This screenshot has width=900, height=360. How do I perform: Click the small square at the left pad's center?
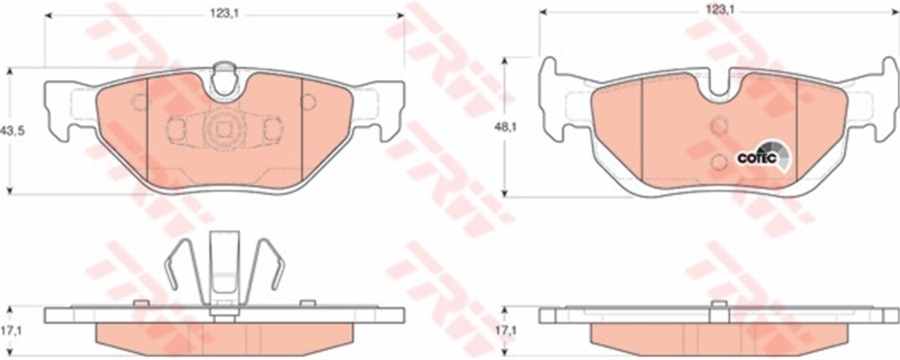223,129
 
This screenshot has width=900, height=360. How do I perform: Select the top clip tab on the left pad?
223,77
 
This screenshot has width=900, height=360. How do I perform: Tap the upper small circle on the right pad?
718,126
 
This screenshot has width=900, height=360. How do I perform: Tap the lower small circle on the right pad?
718,160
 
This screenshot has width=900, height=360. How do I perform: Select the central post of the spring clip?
223,270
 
